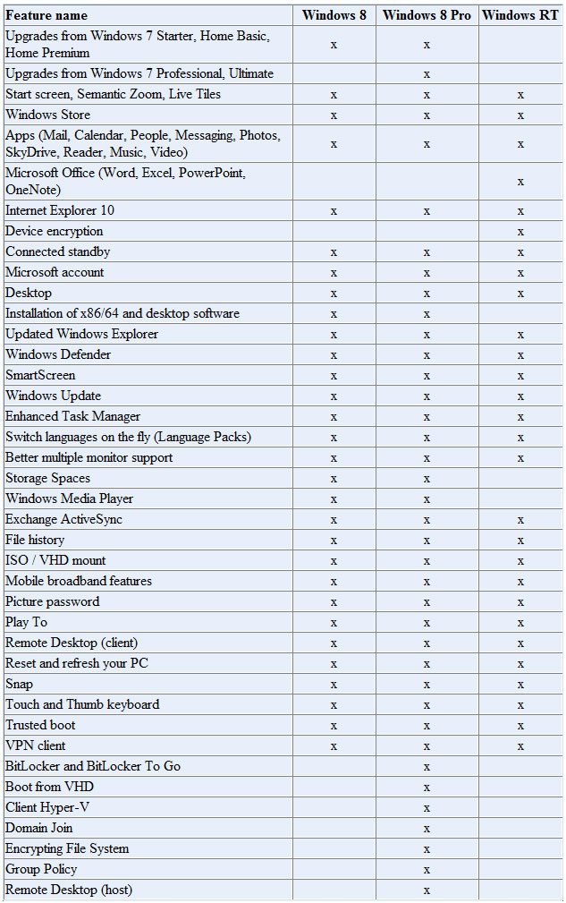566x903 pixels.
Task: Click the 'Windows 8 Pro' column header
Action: point(427,15)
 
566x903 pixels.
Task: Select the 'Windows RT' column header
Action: point(520,15)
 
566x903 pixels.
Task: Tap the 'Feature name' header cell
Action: point(46,15)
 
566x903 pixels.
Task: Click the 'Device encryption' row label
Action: point(54,231)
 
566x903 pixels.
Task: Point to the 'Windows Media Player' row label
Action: point(69,498)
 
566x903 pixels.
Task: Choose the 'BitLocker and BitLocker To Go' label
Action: point(93,766)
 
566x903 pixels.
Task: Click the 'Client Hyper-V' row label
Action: point(47,807)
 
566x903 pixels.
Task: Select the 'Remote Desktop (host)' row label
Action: point(69,890)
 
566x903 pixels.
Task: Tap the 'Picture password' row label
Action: point(52,601)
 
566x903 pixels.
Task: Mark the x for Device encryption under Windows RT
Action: point(520,232)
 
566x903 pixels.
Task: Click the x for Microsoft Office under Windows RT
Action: point(520,182)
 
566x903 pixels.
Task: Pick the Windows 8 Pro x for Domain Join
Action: point(427,829)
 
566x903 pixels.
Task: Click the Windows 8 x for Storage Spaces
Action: point(334,479)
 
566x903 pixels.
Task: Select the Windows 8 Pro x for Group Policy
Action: point(427,870)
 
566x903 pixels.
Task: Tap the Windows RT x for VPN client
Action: point(520,746)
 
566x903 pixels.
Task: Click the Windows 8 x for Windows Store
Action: point(334,115)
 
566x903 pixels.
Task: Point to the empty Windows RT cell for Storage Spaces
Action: point(520,478)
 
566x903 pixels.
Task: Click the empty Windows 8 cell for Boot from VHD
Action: point(334,787)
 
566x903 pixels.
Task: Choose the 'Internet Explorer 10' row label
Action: point(60,210)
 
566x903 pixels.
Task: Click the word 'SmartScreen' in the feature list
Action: point(40,375)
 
